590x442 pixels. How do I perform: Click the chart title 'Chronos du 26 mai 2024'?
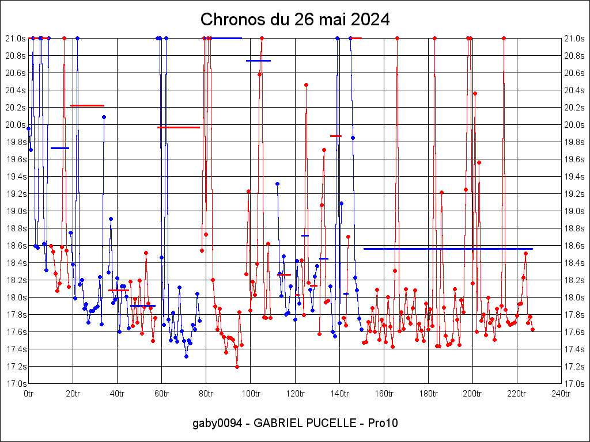tap(295, 20)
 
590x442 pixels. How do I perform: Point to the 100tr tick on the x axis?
tap(250, 394)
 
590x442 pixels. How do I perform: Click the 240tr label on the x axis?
tap(561, 394)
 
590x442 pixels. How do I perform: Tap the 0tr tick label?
tap(29, 394)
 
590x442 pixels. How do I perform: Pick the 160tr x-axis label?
tap(383, 394)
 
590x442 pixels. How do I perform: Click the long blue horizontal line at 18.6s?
tap(448, 249)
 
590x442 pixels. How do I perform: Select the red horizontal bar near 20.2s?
tap(87, 105)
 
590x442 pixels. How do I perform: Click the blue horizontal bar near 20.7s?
tap(258, 60)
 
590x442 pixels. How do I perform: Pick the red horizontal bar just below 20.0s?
tap(179, 127)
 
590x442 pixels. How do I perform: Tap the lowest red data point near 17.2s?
tap(237, 367)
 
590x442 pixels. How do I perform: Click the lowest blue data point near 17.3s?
tap(186, 356)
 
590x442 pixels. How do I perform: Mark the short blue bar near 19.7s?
tap(60, 148)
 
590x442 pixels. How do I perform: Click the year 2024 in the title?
tap(370, 20)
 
